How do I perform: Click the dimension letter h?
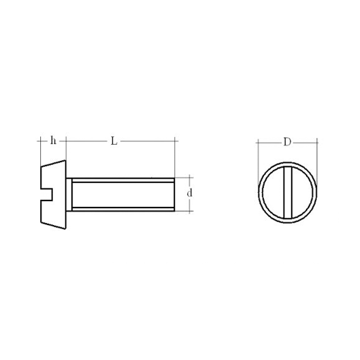click(53, 140)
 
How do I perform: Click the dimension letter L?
click(114, 141)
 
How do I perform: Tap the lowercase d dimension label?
click(190, 193)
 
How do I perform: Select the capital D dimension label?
click(287, 142)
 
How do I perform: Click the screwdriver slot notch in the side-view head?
click(47, 194)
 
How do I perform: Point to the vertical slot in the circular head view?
click(287, 193)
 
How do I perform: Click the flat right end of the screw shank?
click(175, 194)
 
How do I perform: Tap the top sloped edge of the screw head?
click(53, 163)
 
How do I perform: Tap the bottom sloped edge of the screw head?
click(53, 226)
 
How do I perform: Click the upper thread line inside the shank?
click(123, 182)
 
